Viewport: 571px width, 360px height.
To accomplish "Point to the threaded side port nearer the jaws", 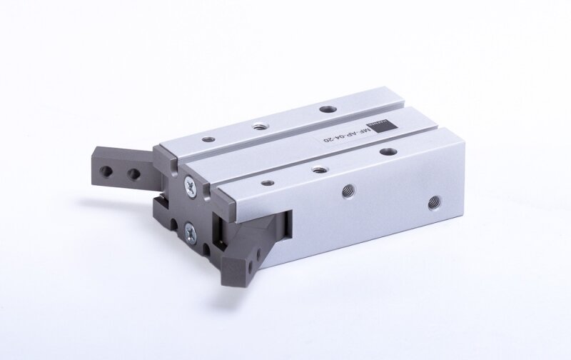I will tap(348, 189).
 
